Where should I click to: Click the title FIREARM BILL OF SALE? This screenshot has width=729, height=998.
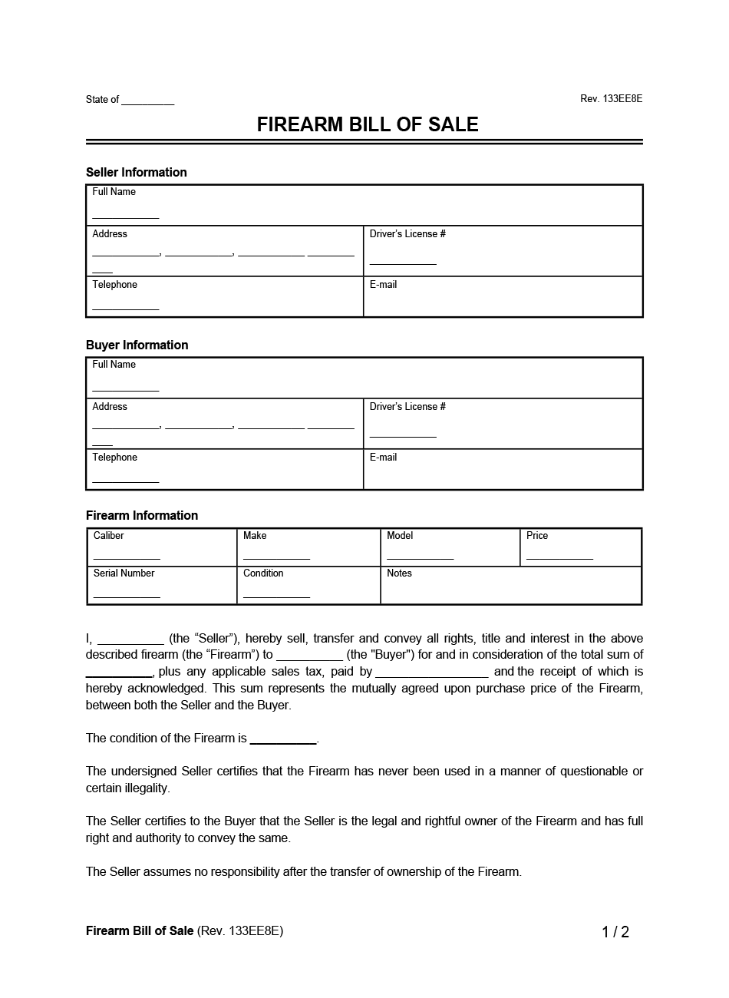368,125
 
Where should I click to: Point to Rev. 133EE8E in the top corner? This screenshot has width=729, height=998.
611,99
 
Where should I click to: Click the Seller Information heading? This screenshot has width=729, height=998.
137,172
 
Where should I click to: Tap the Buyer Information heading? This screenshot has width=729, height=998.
137,345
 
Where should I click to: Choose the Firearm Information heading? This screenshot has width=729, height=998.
142,515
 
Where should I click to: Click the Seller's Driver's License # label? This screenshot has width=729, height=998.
407,234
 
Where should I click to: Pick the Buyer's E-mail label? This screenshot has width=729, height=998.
383,458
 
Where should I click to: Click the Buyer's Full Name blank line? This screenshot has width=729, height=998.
126,390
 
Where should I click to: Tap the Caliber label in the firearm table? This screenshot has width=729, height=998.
108,536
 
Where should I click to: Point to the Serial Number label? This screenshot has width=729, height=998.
124,573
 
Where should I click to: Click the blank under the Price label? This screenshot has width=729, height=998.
559,558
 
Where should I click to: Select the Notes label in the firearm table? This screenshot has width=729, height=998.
399,573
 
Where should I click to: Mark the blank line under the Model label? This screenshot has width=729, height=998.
420,558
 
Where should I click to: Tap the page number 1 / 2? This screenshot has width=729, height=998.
615,932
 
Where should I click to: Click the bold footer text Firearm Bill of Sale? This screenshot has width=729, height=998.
140,931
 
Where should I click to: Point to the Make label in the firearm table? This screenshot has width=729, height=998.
255,536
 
